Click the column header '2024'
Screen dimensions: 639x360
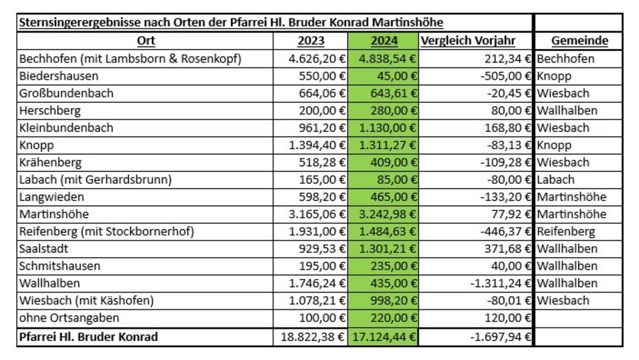(384, 40)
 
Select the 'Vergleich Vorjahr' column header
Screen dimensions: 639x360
(468, 40)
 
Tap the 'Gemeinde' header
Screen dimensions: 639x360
(579, 40)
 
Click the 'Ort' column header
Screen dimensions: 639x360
(146, 40)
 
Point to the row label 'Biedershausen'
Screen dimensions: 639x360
(59, 76)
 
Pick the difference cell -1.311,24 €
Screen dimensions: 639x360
(501, 283)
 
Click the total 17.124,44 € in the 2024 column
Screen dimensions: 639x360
(384, 337)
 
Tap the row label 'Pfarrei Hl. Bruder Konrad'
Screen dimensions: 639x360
(89, 337)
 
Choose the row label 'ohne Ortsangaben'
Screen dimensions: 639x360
(70, 317)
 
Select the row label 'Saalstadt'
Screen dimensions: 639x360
(43, 249)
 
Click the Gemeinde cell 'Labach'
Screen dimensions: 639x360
(555, 180)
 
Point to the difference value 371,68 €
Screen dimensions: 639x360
(508, 249)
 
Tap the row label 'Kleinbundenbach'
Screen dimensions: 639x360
(66, 128)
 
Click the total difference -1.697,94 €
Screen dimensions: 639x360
(501, 337)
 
